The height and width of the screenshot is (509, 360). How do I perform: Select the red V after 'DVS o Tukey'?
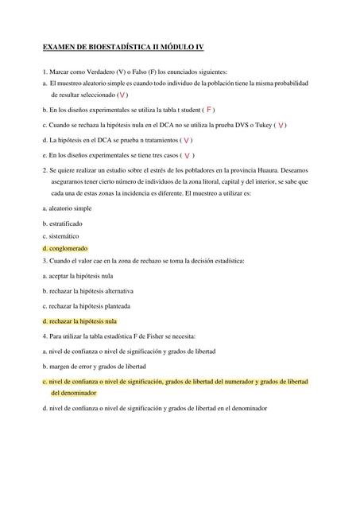point(282,125)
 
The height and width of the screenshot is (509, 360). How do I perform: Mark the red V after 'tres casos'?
point(187,156)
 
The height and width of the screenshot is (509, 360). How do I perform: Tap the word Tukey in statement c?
point(260,125)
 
